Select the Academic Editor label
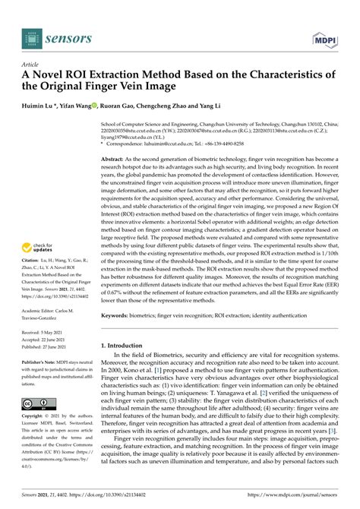[43, 311]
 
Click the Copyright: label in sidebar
[35, 418]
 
